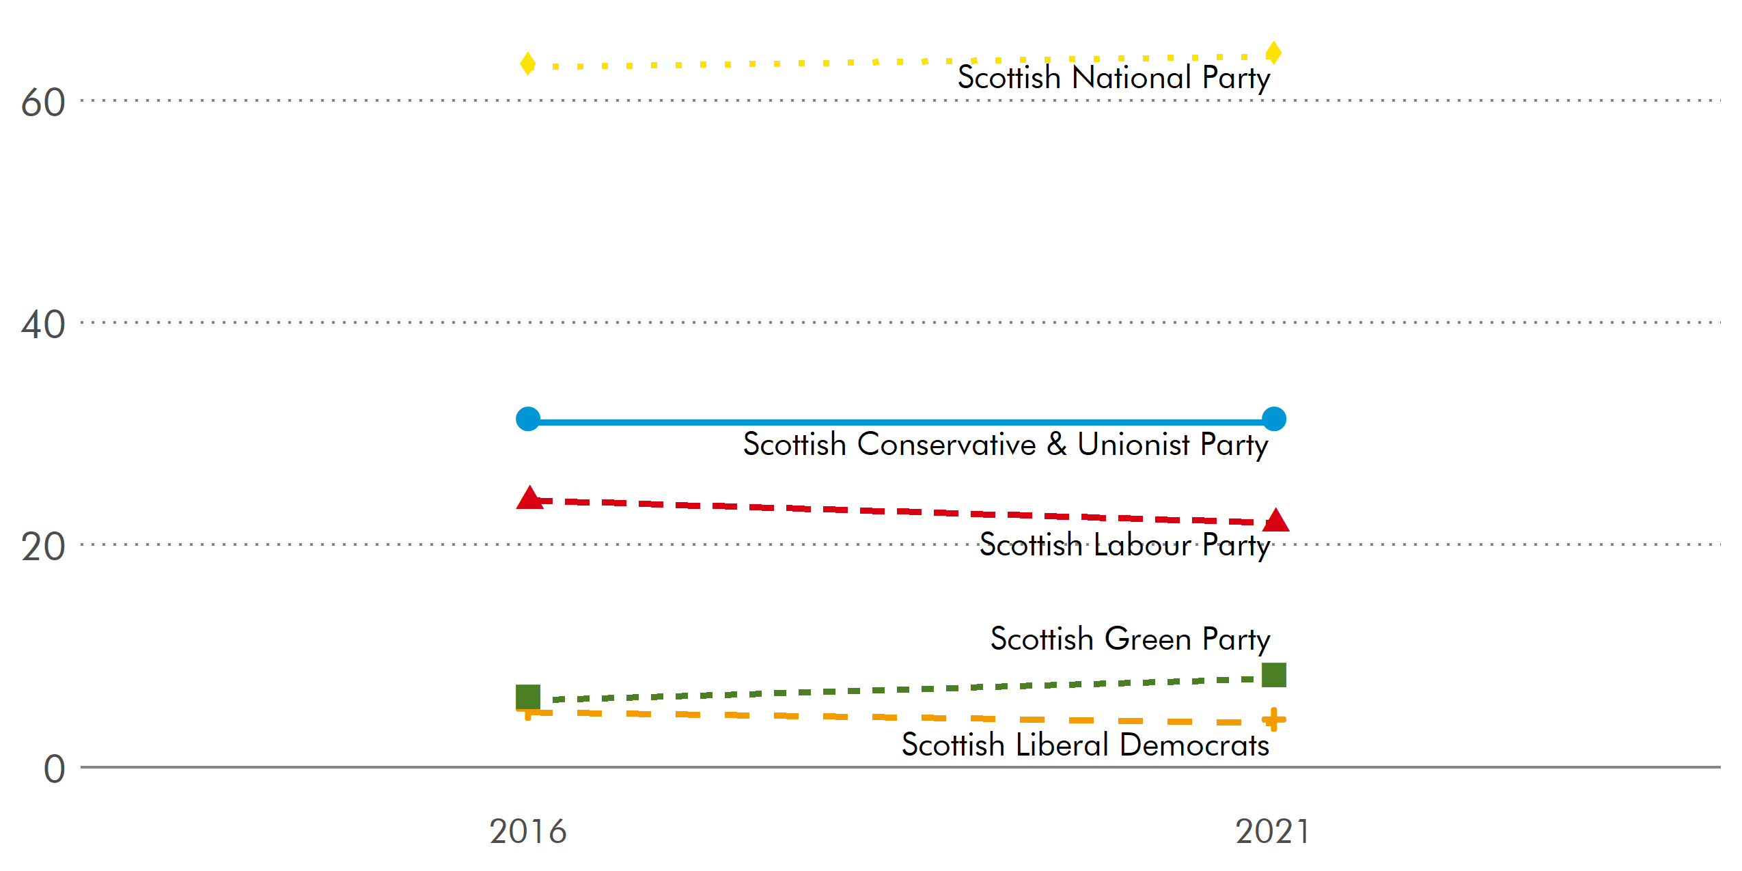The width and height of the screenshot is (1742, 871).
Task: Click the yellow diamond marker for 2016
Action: click(527, 64)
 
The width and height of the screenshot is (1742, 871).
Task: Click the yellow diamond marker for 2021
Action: click(1273, 53)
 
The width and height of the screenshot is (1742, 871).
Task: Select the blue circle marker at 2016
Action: click(527, 419)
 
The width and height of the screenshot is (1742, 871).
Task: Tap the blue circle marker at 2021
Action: click(1273, 419)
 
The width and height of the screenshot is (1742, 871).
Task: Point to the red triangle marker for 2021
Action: click(1275, 521)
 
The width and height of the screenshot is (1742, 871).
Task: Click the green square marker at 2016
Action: click(527, 697)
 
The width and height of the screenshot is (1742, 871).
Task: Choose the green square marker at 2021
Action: click(1273, 675)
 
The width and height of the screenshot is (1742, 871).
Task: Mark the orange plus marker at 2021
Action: click(1273, 719)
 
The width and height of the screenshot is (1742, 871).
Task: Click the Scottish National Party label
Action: click(1114, 77)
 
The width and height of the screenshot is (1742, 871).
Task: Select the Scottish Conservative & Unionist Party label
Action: click(1006, 445)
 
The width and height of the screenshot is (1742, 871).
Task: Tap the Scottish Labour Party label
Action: click(1124, 545)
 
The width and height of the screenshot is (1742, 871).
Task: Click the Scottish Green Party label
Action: click(1130, 639)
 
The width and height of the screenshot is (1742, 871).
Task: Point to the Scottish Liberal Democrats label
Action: click(1085, 745)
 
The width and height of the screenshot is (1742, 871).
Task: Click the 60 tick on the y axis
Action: click(43, 103)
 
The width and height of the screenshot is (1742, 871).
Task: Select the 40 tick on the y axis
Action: click(43, 325)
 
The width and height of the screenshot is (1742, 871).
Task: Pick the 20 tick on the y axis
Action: click(43, 547)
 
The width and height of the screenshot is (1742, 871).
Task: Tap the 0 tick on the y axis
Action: click(54, 769)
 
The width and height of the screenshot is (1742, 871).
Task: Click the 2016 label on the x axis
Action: click(527, 831)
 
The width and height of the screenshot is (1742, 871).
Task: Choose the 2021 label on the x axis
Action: click(1272, 831)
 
